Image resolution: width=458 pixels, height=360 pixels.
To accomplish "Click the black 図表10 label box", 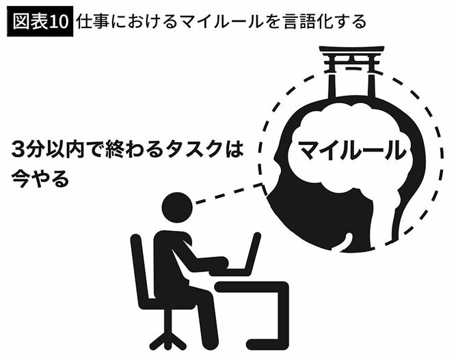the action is tap(40, 22).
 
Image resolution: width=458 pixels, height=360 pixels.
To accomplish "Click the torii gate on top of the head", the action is tap(351, 71).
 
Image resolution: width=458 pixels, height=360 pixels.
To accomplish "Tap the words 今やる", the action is tap(40, 178).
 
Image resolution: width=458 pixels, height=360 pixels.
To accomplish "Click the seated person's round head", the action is tap(177, 207).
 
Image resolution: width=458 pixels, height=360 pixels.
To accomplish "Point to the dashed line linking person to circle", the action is tap(229, 193).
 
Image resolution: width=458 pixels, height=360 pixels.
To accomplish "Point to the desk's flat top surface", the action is tap(252, 287).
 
